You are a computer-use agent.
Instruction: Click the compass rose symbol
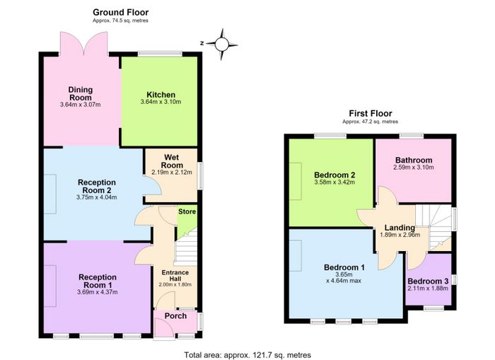pos(222,45)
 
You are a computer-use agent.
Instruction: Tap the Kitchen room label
pos(161,95)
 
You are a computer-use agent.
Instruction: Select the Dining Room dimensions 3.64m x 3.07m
pos(80,105)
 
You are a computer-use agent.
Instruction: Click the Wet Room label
pos(172,161)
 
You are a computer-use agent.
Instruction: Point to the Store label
pos(187,211)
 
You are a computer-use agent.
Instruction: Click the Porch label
pos(175,315)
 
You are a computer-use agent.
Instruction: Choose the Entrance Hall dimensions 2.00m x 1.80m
pos(175,284)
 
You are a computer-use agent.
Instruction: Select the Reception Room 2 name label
pos(97,186)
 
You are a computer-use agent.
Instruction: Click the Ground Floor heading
pos(121,12)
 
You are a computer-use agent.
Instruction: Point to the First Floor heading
pos(371,113)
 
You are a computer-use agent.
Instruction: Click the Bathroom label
pos(414,160)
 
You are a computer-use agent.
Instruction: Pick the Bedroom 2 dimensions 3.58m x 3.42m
pos(334,182)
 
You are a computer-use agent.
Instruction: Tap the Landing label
pos(400,228)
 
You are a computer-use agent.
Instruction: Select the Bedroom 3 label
pos(428,281)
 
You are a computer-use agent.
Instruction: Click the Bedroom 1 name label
pos(344,267)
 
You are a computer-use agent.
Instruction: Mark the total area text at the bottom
pos(248,355)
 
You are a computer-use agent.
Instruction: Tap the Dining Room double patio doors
pos(84,42)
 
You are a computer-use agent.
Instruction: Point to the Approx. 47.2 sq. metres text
pos(370,122)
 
